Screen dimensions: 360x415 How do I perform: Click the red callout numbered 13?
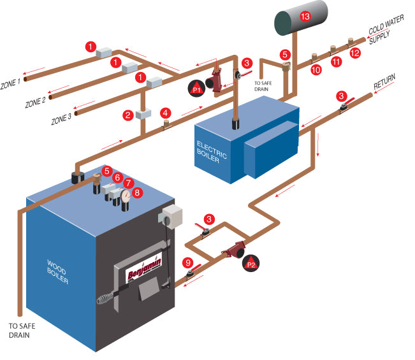click(x=305, y=17)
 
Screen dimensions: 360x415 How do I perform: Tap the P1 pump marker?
click(x=197, y=90)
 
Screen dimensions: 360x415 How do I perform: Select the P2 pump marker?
click(x=251, y=263)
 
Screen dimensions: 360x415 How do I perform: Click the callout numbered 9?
click(x=187, y=261)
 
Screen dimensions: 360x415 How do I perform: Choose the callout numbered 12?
click(x=356, y=53)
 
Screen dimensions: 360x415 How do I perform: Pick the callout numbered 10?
click(x=316, y=69)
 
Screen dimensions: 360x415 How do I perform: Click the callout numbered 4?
click(x=166, y=112)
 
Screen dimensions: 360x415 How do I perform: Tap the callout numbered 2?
click(x=128, y=115)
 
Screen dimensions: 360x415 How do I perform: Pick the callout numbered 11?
click(x=337, y=62)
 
